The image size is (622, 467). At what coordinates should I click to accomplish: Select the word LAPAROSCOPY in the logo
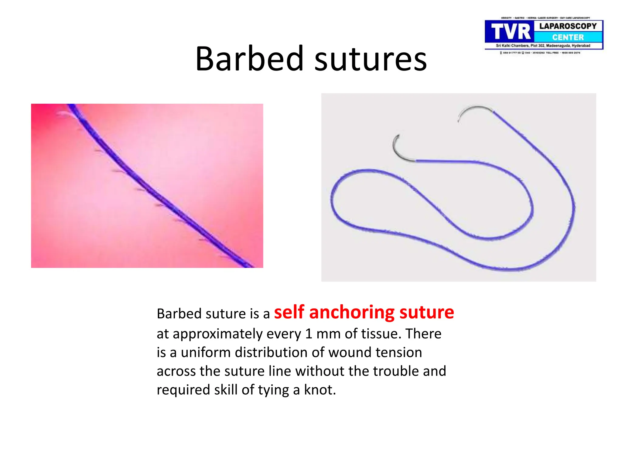[568, 26]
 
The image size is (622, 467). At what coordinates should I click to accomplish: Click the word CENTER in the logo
[568, 37]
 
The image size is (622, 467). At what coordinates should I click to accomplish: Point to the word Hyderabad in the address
[581, 46]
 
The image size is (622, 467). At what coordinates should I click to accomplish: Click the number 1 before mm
[309, 334]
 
